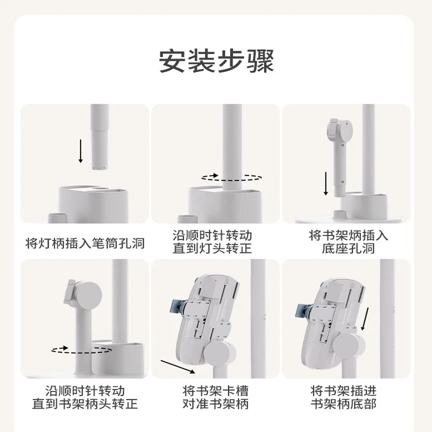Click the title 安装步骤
pos(217,61)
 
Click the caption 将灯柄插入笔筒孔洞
pos(85,244)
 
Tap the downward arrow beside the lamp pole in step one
pos(80,151)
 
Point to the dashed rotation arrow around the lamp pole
pos(232,178)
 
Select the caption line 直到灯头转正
pos(212,248)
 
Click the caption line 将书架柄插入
pos(348,235)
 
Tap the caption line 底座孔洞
pos(348,248)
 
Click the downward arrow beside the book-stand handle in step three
pos(326,184)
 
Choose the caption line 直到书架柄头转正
pos(85,403)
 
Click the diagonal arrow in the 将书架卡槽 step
pos(178,367)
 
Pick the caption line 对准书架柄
pos(215,403)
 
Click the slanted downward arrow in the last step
pos(365,319)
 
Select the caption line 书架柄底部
pos(343,403)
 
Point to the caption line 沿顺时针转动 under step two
pos(212,235)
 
